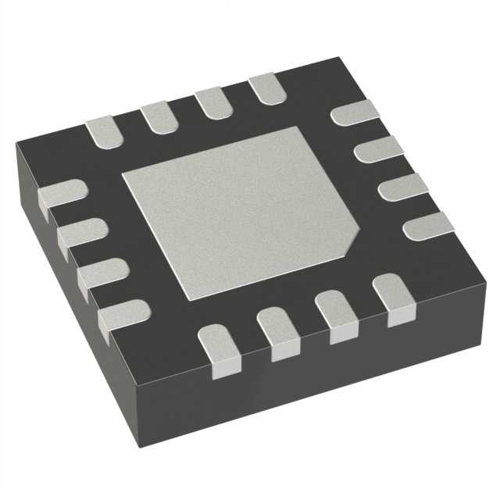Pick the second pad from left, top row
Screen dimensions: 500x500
pos(158,117)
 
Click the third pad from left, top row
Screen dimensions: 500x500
pos(211,102)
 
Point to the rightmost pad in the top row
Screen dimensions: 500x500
pos(263,88)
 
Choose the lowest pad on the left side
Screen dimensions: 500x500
pos(121,314)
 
